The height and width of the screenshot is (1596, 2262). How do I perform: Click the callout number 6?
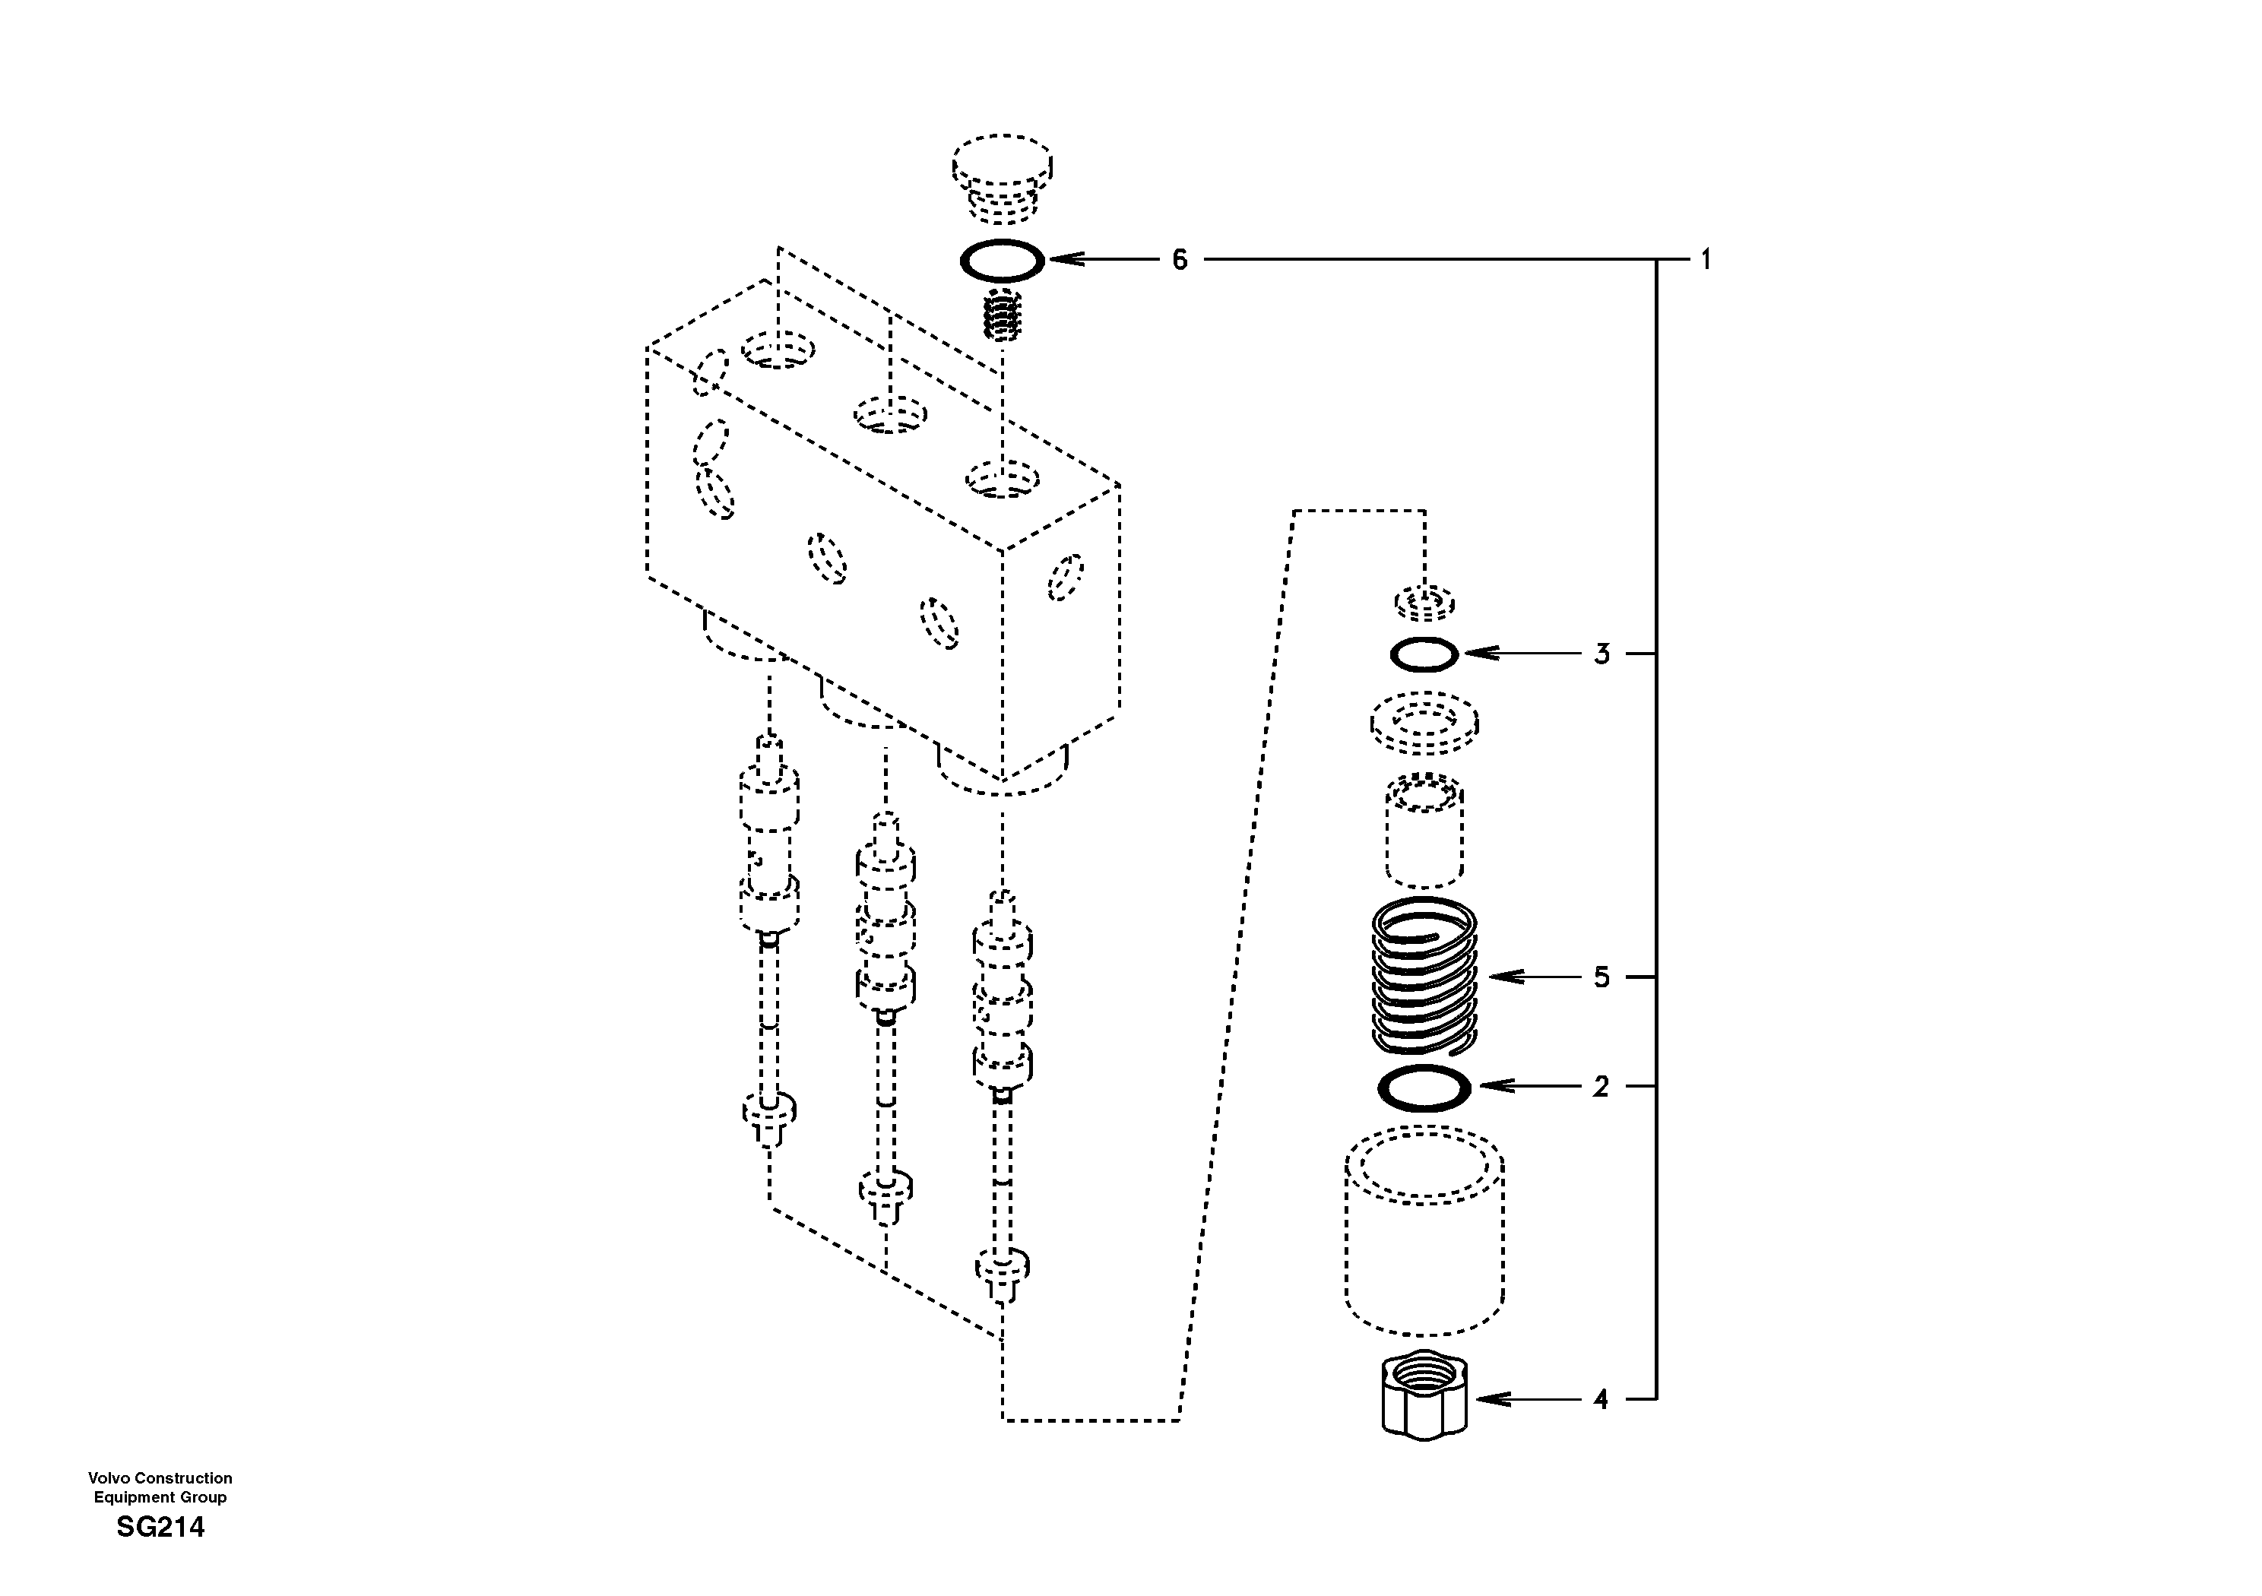pyautogui.click(x=1180, y=260)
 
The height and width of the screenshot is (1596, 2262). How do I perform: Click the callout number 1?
pyautogui.click(x=1706, y=260)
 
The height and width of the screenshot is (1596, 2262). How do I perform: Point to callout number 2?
pyautogui.click(x=1601, y=1086)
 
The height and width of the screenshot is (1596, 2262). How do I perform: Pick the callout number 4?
pyautogui.click(x=1601, y=1399)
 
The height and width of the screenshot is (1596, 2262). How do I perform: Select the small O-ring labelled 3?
pyautogui.click(x=1424, y=654)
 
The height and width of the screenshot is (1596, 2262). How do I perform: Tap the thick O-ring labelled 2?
pyautogui.click(x=1424, y=1088)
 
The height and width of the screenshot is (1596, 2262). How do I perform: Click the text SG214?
pyautogui.click(x=160, y=1528)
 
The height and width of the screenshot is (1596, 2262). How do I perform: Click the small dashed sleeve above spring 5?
pyautogui.click(x=1424, y=831)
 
